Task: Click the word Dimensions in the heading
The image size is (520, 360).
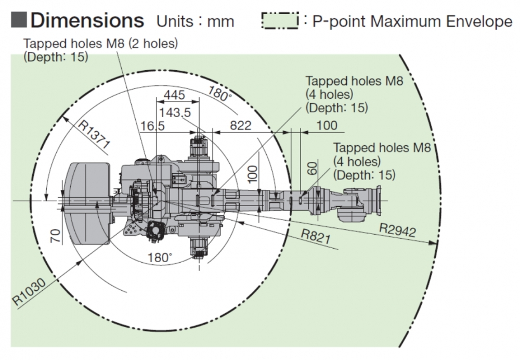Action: [87, 20]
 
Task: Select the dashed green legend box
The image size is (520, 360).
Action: [280, 21]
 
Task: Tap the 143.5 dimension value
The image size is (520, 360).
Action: [175, 112]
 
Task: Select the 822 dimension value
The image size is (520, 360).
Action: [240, 125]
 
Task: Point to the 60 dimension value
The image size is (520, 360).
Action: [311, 168]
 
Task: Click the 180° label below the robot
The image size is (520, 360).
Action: [159, 257]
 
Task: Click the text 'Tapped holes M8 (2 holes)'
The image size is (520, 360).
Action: [100, 44]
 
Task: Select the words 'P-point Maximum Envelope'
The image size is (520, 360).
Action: [412, 21]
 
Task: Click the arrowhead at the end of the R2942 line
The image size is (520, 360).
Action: [434, 242]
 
